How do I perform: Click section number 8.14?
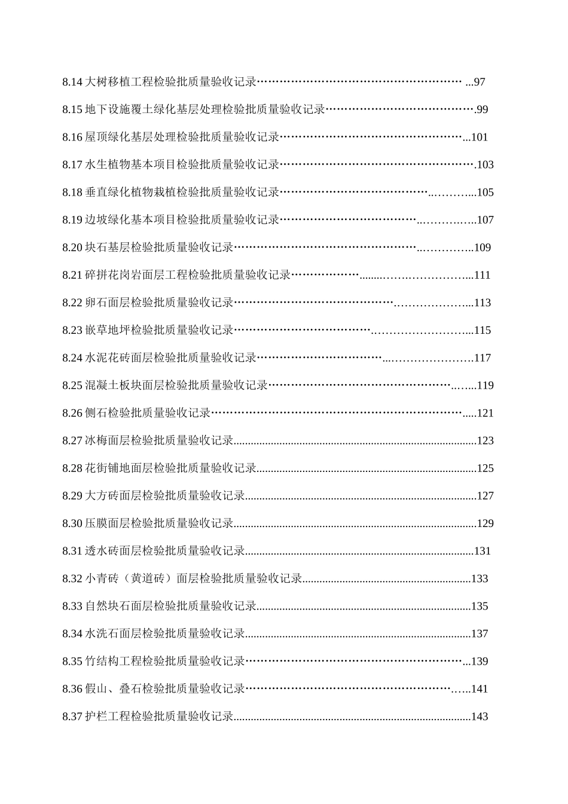[72, 82]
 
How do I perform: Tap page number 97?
[480, 82]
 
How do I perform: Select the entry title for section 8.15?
[205, 109]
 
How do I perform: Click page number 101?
[480, 137]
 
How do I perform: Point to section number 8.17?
[72, 165]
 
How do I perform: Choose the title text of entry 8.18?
[182, 192]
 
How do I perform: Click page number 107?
[485, 220]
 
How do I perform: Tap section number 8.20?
[72, 247]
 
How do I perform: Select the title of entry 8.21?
[188, 275]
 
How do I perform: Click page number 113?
[482, 303]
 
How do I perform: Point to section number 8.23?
[72, 330]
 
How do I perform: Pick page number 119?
[485, 385]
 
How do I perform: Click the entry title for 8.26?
[148, 413]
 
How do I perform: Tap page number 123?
[485, 440]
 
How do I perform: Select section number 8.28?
[72, 468]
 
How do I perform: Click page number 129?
[485, 523]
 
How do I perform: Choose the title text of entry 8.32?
[194, 578]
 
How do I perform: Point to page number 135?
[480, 606]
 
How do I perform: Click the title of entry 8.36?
[165, 689]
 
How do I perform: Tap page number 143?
[480, 716]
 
